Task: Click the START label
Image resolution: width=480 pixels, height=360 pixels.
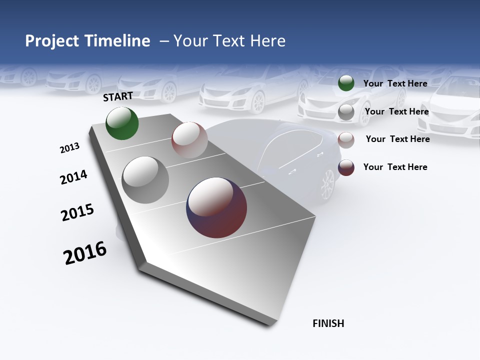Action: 118,96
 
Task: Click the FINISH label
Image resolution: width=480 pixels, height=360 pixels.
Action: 328,323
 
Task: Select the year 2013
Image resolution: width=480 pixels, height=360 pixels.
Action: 69,148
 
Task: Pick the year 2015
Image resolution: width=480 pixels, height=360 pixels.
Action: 77,212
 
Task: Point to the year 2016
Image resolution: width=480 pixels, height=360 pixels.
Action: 85,253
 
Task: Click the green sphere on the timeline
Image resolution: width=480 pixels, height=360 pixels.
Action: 122,123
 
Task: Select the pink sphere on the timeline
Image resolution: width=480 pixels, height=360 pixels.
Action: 189,139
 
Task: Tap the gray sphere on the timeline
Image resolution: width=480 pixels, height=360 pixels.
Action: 145,180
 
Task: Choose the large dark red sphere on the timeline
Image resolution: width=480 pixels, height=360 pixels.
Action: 217,207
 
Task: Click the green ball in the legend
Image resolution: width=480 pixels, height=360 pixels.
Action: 346,83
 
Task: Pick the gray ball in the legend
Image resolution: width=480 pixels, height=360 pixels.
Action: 346,112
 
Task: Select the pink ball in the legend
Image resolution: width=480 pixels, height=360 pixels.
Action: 346,140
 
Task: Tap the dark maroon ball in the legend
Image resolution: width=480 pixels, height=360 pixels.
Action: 346,167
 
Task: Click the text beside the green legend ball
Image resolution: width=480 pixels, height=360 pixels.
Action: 395,83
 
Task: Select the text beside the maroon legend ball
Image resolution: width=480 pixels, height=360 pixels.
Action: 395,167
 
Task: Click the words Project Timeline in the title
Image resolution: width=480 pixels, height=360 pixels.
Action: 87,41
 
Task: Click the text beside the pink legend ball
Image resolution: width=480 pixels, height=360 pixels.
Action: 397,139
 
